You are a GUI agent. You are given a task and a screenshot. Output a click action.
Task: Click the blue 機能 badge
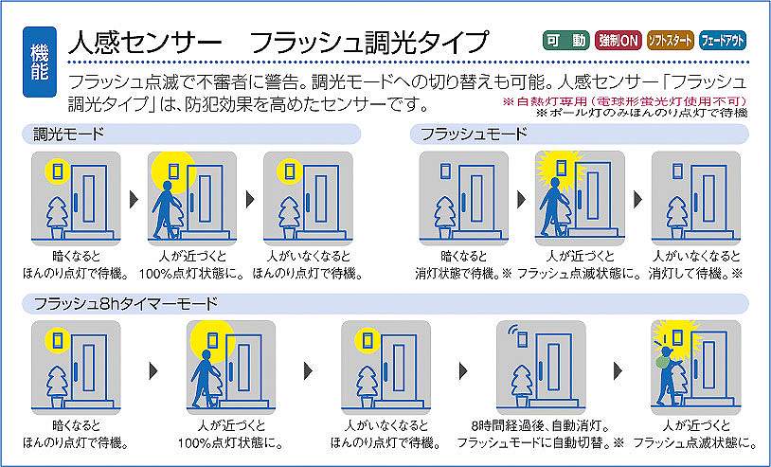point(40,62)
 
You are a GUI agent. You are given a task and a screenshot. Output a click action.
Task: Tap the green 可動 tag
point(566,41)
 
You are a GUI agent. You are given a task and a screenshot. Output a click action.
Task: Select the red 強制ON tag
point(618,41)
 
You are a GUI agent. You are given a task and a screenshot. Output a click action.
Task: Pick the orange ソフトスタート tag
point(670,41)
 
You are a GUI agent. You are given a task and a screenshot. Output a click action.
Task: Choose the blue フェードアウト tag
point(723,41)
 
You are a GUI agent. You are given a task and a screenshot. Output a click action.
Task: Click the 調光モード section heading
point(69,134)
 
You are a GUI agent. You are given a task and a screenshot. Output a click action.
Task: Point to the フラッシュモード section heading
point(474,134)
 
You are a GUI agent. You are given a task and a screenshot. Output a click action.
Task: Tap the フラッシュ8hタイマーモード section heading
point(125,303)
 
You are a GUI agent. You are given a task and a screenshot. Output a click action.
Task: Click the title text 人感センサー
point(145,43)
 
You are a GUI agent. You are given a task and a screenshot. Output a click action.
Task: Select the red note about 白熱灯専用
point(624,101)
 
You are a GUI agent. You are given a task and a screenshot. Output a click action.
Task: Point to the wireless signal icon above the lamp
point(514,330)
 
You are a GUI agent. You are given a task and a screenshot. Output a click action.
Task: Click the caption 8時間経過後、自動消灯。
point(541,425)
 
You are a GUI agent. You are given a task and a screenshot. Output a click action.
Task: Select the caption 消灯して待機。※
point(695,274)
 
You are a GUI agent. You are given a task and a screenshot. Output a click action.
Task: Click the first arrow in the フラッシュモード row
point(522,199)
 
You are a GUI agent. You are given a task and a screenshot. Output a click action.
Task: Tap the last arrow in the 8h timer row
point(619,370)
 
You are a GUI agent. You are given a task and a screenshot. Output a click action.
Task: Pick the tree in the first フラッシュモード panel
point(445,217)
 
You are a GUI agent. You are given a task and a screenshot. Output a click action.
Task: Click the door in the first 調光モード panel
point(88,197)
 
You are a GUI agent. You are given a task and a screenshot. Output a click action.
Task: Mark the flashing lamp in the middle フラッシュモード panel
point(562,168)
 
